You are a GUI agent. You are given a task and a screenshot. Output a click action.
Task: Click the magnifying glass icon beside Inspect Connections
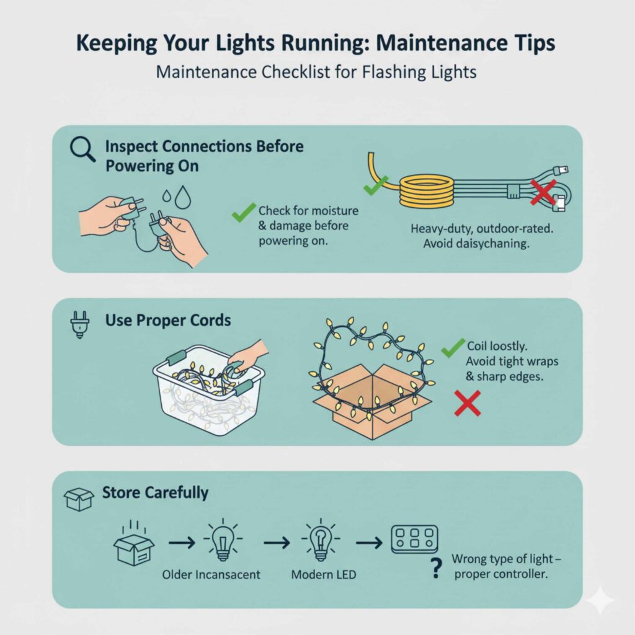(82, 149)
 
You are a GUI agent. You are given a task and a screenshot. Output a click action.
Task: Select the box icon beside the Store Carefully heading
(79, 498)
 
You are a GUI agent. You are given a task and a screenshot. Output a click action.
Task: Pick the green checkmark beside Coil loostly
(453, 349)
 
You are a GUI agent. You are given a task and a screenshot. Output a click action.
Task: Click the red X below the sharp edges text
(468, 403)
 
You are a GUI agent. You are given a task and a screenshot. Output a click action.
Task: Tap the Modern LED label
(324, 575)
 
